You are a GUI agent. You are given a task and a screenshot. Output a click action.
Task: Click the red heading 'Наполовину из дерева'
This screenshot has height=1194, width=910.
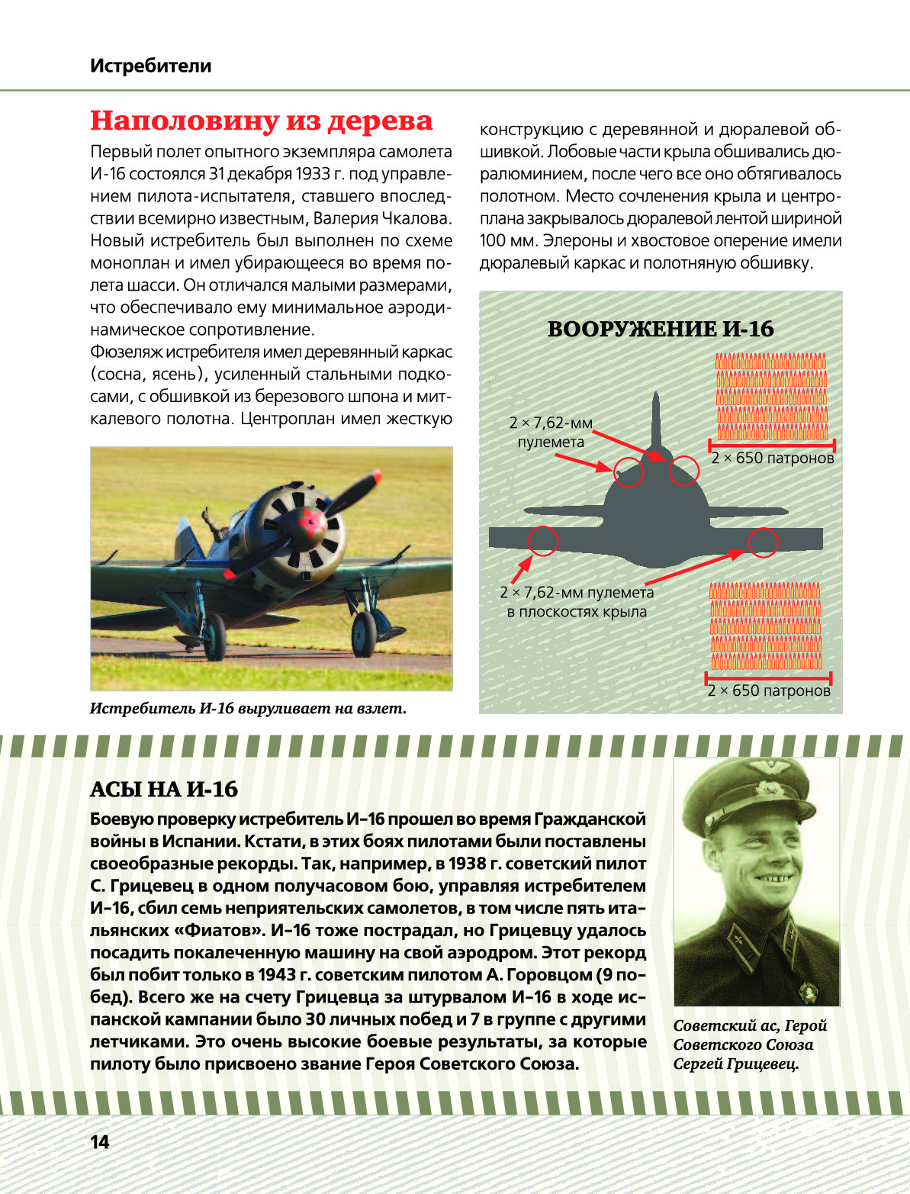pos(261,121)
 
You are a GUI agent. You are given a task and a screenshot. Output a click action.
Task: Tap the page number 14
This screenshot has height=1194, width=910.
pos(100,1142)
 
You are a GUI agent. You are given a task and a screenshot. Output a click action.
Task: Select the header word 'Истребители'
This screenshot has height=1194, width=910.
pos(150,66)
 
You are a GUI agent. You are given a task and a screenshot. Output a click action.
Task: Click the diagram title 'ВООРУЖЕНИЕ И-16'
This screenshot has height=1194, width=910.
pos(661,329)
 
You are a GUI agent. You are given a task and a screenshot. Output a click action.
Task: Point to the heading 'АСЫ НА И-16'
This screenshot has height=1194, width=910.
pos(164,789)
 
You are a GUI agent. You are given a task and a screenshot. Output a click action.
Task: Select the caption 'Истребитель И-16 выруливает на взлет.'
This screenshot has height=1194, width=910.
pos(248,708)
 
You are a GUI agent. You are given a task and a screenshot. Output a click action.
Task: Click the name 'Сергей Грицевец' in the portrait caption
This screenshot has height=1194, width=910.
pos(735,1064)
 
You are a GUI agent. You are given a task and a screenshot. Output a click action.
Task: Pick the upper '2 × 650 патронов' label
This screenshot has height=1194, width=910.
pos(773,459)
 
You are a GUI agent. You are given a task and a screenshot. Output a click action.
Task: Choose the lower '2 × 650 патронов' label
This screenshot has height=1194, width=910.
pos(769,690)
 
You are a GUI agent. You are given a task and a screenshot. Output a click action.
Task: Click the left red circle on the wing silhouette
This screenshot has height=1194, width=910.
pos(542,541)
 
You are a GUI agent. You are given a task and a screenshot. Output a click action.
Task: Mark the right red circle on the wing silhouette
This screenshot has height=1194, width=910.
pos(763,542)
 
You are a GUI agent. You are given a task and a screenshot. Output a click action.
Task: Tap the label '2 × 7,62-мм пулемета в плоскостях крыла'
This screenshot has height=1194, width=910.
pos(577,602)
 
